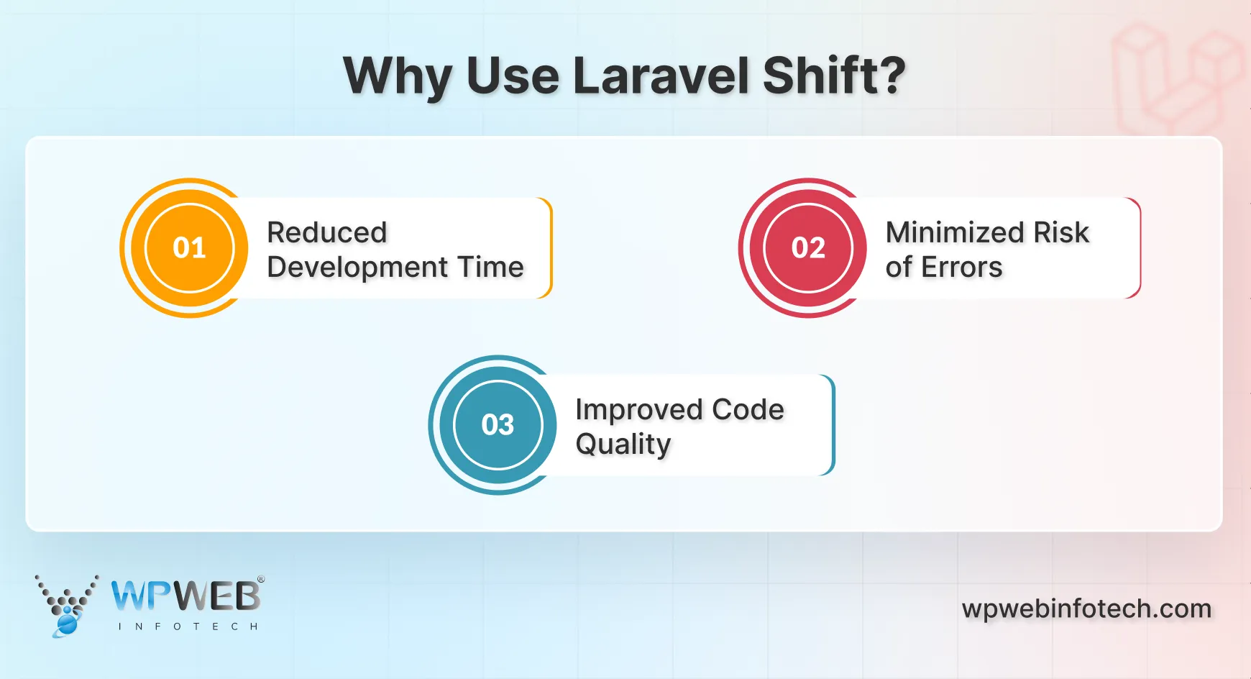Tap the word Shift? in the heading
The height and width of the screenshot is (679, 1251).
(x=833, y=76)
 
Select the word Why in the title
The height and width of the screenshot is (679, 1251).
(x=398, y=77)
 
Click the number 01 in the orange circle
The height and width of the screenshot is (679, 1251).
(x=190, y=248)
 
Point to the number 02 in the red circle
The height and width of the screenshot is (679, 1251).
(x=808, y=248)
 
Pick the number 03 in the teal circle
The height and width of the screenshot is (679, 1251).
(x=498, y=425)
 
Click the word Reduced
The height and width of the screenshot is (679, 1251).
(x=327, y=232)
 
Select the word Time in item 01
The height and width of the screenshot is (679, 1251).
(x=492, y=267)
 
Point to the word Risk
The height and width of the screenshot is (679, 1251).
(x=1061, y=232)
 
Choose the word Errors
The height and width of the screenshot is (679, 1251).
(x=961, y=267)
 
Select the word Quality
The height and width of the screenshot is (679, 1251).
(x=623, y=445)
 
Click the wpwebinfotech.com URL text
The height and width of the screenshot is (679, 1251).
(x=1086, y=609)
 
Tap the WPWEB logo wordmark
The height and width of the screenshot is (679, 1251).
(x=186, y=596)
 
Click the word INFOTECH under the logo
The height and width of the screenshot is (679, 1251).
(x=188, y=626)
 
